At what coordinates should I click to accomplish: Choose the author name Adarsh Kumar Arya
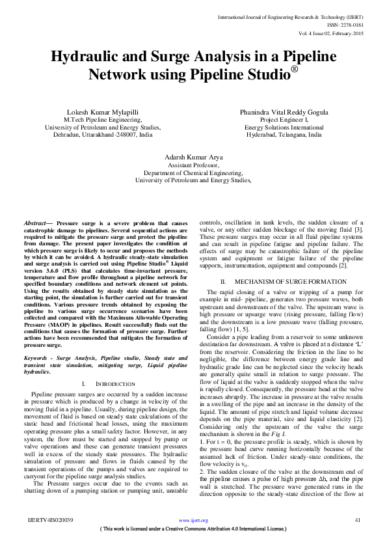tap(193, 157)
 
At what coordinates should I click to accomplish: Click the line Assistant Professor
tap(193, 165)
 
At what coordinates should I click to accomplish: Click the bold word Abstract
tap(36, 223)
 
